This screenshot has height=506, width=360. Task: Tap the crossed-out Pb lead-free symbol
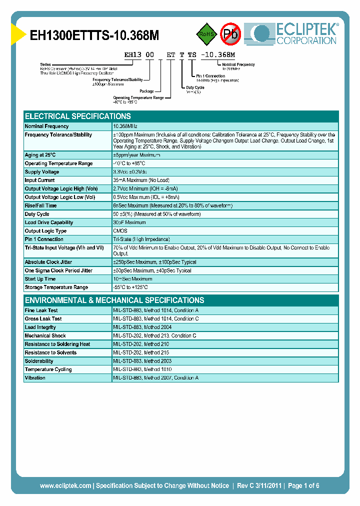231,34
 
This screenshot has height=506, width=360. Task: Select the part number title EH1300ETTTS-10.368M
95,35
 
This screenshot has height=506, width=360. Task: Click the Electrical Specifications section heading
78,116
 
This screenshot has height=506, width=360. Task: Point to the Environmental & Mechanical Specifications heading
114,300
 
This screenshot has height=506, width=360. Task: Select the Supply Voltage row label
42,172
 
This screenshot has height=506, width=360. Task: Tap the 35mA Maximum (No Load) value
141,180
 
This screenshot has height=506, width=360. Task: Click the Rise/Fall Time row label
40,205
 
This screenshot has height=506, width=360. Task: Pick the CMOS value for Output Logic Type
120,231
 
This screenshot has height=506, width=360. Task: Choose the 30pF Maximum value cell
129,222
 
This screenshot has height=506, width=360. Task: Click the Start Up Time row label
40,279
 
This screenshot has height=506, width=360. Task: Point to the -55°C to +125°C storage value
130,287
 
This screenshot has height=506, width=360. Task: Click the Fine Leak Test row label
41,310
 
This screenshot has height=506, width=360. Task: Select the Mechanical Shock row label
45,336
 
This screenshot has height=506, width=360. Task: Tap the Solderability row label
39,361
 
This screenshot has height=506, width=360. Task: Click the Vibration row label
35,378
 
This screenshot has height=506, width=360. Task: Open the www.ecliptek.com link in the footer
65,485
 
